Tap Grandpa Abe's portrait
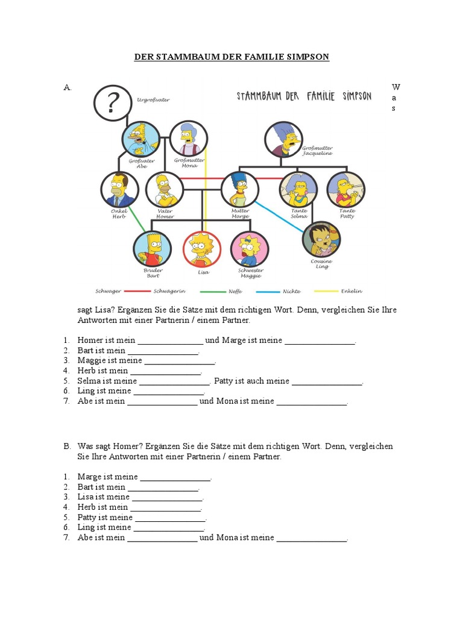pos(141,139)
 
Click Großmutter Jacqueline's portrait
pos(283,139)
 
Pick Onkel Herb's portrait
pos(119,190)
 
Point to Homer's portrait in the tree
pos(165,189)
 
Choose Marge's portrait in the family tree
pos(240,189)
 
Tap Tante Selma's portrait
pos(298,189)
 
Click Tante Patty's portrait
pos(345,189)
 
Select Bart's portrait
pos(151,249)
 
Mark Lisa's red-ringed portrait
pos(201,249)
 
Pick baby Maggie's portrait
pos(249,249)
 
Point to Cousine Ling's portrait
pos(321,239)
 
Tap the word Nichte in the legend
pos(291,291)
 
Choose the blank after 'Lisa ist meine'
pos(167,497)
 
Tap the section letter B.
pos(68,446)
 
